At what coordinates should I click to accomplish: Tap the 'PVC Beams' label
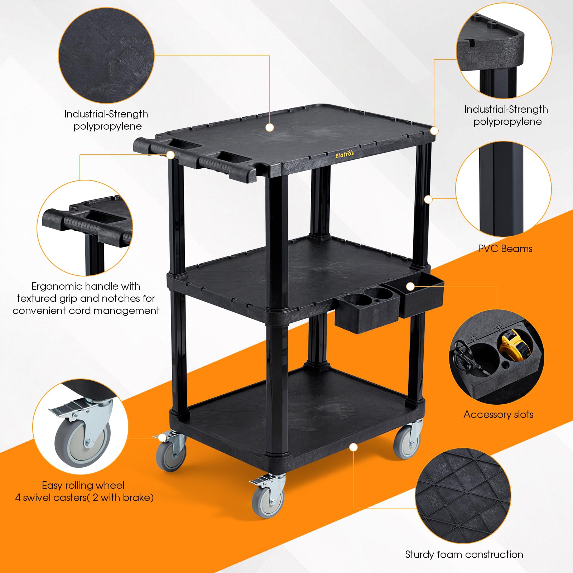[505, 249]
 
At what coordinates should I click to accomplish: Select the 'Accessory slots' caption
[498, 414]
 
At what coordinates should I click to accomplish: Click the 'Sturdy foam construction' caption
[464, 555]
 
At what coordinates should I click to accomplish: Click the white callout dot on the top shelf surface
[270, 127]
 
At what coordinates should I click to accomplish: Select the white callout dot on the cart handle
[171, 155]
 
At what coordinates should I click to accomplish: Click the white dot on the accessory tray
[410, 286]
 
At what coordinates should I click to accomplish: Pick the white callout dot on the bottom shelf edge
[353, 447]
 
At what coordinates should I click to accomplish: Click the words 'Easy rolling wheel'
[83, 485]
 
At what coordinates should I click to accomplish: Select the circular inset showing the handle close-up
[85, 228]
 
